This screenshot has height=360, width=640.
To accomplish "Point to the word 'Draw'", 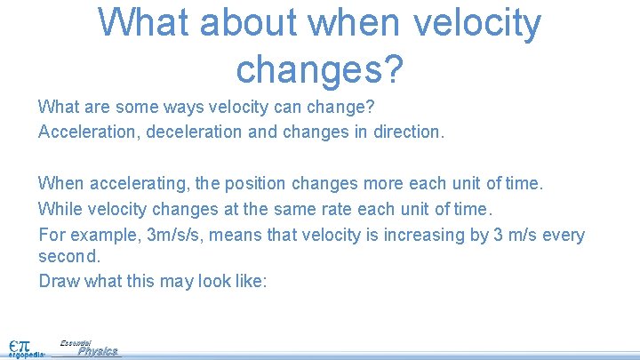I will (57, 281).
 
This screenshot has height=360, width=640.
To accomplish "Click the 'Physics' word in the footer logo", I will (98, 351).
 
